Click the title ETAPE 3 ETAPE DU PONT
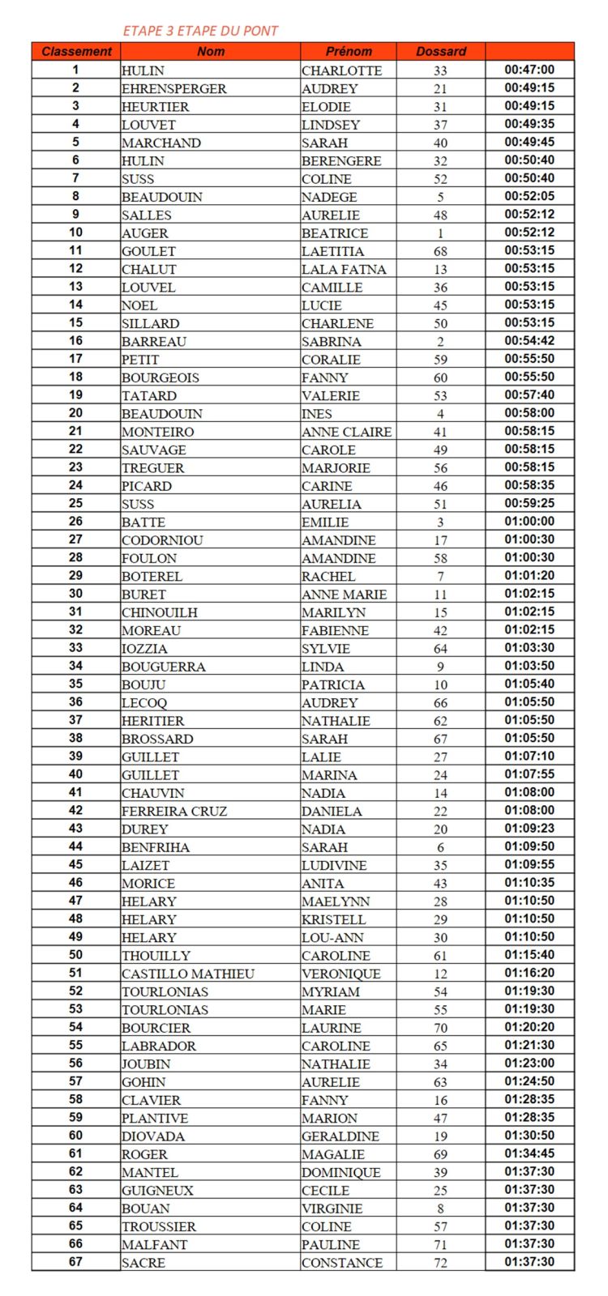(x=200, y=31)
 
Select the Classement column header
(x=76, y=51)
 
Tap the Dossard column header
(x=441, y=51)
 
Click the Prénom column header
(x=349, y=51)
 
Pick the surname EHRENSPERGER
(x=173, y=88)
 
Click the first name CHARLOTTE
(x=341, y=70)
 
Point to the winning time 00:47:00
(x=529, y=70)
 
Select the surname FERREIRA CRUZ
(x=173, y=811)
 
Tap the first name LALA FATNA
(x=344, y=269)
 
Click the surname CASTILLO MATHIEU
(x=187, y=974)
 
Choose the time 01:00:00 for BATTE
(x=529, y=522)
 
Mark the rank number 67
(x=75, y=1262)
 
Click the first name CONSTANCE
(x=341, y=1263)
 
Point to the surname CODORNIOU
(x=162, y=540)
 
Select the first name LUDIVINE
(x=333, y=865)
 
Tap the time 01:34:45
(x=529, y=1153)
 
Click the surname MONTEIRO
(x=157, y=432)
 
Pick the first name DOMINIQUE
(x=340, y=1172)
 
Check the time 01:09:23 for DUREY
(x=529, y=829)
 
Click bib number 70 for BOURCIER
(x=440, y=1028)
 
